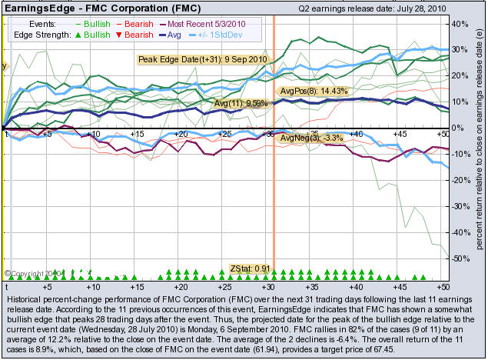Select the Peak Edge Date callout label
pos(202,59)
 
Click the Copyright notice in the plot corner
pos(31,273)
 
